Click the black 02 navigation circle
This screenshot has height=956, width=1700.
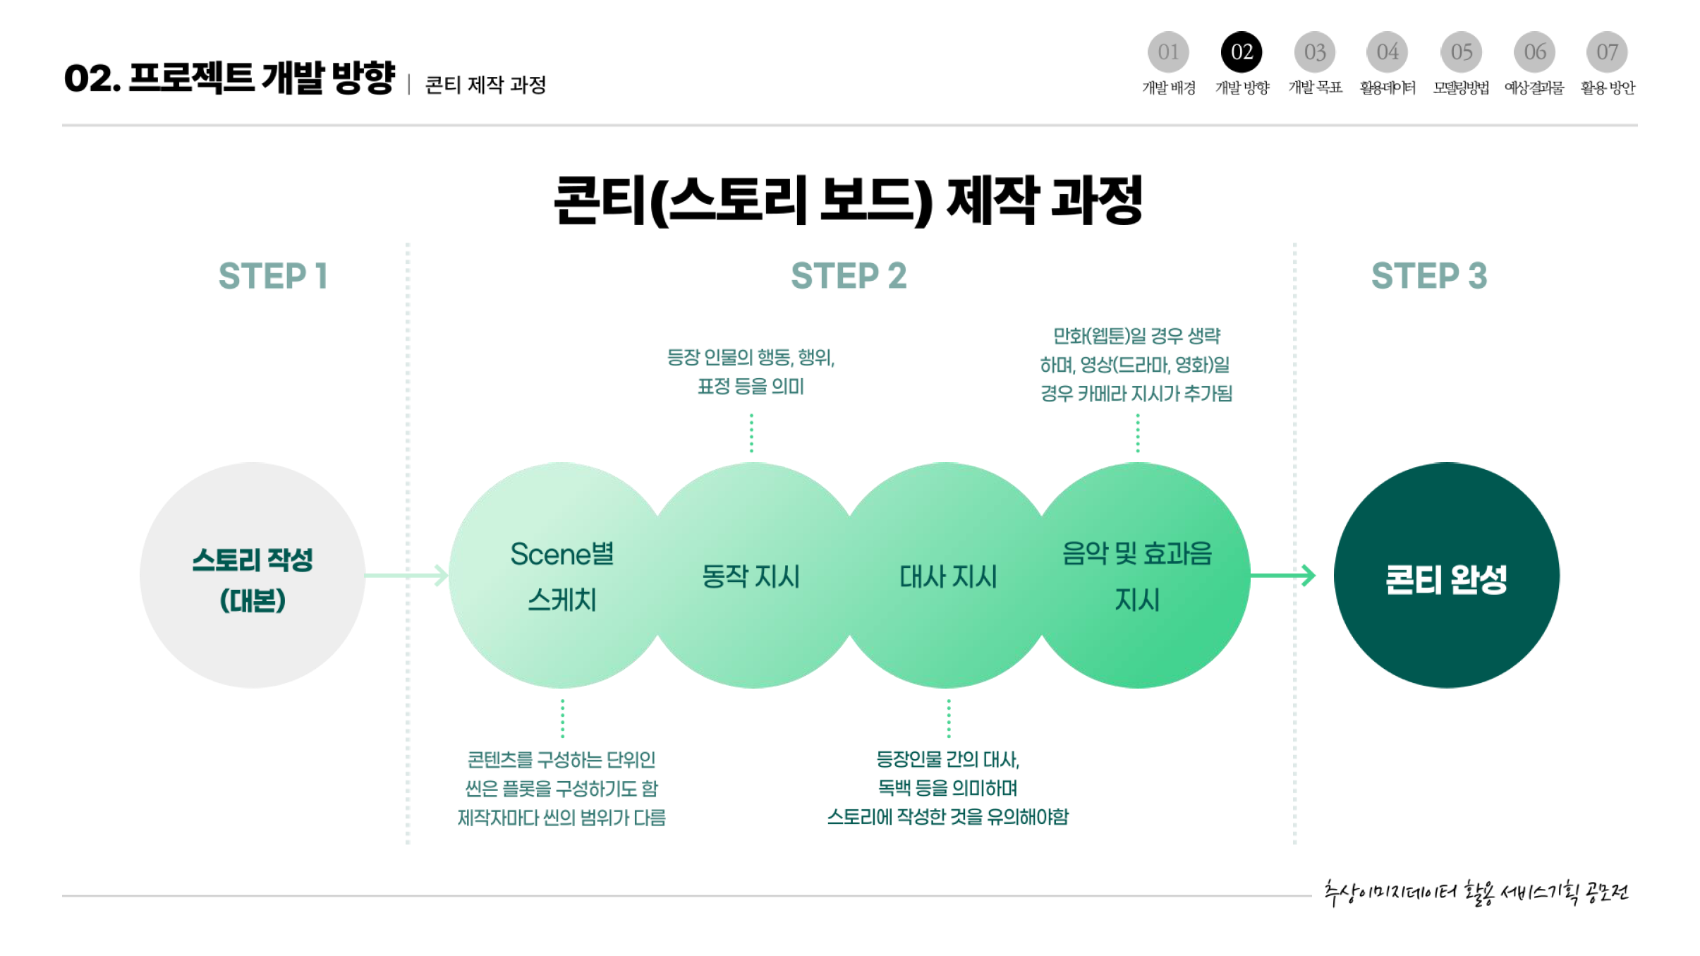[x=1241, y=52]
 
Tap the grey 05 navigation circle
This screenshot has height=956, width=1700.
[x=1461, y=52]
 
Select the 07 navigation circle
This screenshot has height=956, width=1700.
[x=1607, y=52]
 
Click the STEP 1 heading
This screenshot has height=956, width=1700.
[x=273, y=276]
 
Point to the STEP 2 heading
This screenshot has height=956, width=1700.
[x=849, y=276]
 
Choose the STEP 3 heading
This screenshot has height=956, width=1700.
[x=1429, y=276]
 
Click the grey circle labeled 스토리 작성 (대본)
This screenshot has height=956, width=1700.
[x=253, y=575]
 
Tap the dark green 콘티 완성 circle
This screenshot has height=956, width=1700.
[x=1446, y=575]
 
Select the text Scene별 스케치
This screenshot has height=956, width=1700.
[x=562, y=576]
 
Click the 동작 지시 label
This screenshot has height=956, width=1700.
[x=751, y=576]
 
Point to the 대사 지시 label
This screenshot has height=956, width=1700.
[x=948, y=576]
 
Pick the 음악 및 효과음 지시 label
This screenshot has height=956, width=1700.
[x=1137, y=576]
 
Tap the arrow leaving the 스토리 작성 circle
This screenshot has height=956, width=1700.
[x=407, y=576]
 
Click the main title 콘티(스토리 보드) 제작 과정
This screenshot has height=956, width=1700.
[x=849, y=201]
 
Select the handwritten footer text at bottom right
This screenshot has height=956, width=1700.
[x=1476, y=893]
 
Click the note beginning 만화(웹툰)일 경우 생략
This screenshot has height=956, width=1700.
[x=1136, y=365]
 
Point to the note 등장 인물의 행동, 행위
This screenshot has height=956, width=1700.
[x=751, y=372]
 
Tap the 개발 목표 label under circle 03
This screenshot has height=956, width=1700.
[x=1315, y=87]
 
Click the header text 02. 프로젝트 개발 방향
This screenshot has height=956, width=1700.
[x=229, y=78]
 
